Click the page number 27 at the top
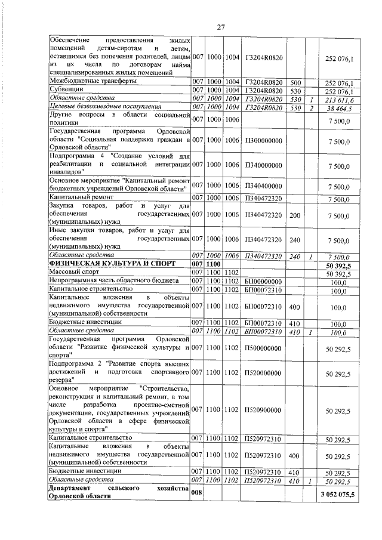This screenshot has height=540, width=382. point(220,27)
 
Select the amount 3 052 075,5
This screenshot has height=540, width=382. point(345,495)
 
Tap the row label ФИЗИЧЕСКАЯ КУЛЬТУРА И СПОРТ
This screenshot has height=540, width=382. point(99,263)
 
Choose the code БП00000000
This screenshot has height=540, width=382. point(263,280)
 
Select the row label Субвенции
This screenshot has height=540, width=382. point(66,91)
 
